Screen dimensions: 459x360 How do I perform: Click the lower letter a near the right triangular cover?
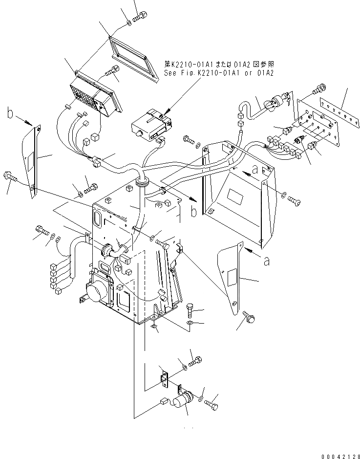(x=266, y=262)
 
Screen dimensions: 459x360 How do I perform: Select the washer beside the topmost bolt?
(x=127, y=22)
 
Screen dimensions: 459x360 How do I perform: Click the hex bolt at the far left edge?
(x=10, y=176)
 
